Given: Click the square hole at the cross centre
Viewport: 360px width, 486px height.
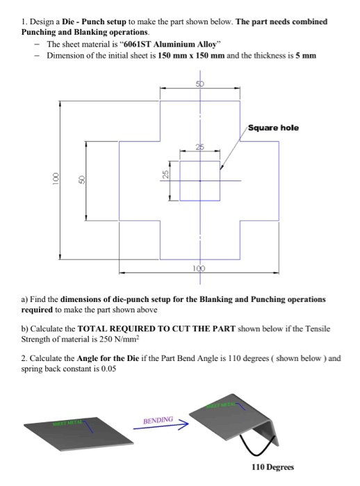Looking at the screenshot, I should (x=200, y=181).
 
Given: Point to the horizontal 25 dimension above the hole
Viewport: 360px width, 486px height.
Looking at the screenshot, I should (x=200, y=145).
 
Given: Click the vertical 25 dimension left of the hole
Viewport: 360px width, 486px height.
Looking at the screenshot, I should (x=165, y=175).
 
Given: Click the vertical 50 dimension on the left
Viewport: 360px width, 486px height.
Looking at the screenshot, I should (x=81, y=180).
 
